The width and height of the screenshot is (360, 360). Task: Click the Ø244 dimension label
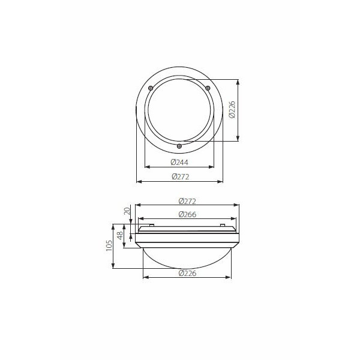179,163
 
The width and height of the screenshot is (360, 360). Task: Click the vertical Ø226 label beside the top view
232,110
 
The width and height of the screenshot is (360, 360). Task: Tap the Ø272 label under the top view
181,176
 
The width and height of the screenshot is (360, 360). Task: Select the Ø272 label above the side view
187,201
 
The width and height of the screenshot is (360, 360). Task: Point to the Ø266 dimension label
187,214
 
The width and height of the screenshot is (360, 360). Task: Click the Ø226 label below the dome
187,273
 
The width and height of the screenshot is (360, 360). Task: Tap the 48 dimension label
120,236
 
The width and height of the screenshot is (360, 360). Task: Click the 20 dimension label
127,211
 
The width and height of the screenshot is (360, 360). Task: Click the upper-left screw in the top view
151,88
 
